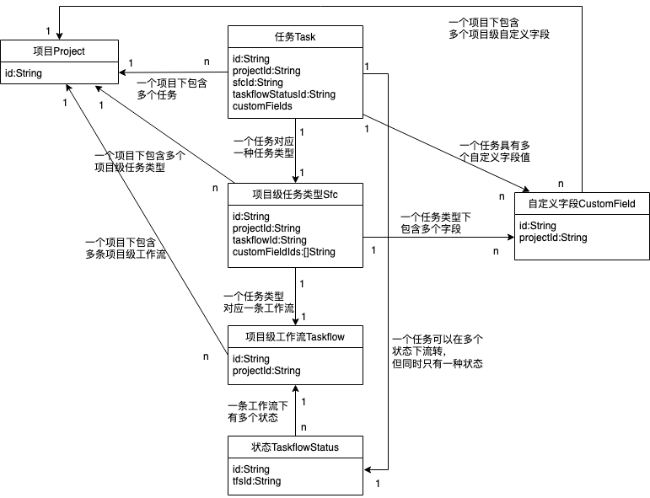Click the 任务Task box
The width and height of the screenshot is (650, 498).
click(295, 36)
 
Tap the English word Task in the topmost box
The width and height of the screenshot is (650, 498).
click(305, 37)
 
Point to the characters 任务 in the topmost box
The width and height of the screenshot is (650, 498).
click(284, 37)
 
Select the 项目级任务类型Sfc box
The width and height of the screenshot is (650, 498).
click(295, 194)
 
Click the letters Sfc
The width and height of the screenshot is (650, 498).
click(330, 195)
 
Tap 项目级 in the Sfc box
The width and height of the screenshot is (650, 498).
click(267, 195)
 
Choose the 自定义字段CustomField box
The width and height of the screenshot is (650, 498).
click(582, 203)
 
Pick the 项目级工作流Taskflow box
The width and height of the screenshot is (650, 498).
click(295, 336)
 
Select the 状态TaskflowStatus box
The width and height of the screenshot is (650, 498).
click(295, 447)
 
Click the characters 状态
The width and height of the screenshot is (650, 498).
click(261, 447)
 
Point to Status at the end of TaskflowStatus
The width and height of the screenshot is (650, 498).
click(325, 447)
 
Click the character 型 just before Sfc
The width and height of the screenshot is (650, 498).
click(318, 195)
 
